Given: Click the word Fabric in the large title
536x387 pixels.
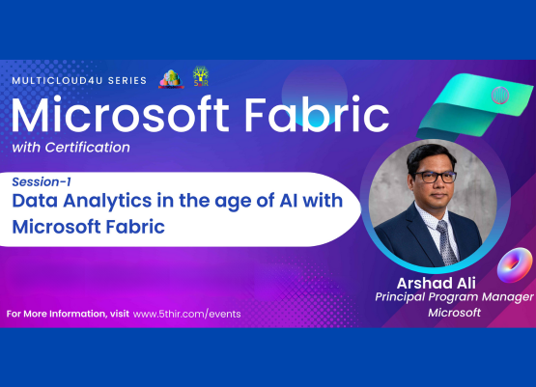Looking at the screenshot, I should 319,117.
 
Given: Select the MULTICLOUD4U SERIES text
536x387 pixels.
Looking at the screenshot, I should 78,81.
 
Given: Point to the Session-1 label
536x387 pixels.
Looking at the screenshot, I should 42,181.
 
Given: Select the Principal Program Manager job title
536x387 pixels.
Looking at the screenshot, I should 454,297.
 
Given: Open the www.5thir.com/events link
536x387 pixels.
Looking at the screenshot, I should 186,315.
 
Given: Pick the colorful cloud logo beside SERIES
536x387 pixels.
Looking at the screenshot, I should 171,79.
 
